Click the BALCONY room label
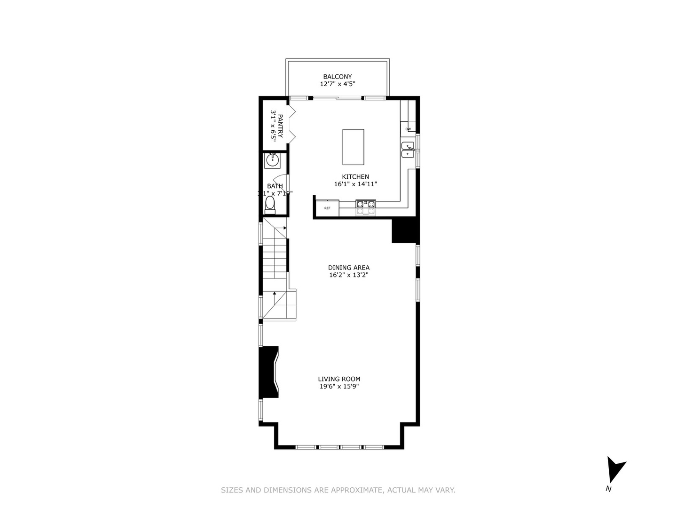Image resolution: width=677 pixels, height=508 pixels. pyautogui.click(x=337, y=77)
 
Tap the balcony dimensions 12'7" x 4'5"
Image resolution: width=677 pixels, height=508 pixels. pyautogui.click(x=337, y=84)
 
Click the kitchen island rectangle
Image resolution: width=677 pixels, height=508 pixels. pyautogui.click(x=353, y=147)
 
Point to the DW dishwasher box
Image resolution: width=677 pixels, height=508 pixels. pyautogui.click(x=408, y=129)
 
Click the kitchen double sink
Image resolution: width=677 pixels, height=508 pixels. pyautogui.click(x=407, y=150)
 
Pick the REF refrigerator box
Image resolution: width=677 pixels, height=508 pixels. pyautogui.click(x=327, y=208)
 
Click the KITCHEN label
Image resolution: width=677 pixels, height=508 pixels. pyautogui.click(x=355, y=177)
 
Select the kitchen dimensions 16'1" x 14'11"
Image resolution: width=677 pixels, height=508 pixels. pyautogui.click(x=355, y=184)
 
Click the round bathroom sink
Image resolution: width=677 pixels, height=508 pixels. pyautogui.click(x=272, y=160)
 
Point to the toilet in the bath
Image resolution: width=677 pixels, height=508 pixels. pyautogui.click(x=270, y=205)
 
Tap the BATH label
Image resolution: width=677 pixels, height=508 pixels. pyautogui.click(x=275, y=186)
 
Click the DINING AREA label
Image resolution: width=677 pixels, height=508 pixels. pyautogui.click(x=348, y=268)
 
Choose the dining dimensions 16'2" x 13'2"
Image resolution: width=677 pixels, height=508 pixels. pyautogui.click(x=348, y=275)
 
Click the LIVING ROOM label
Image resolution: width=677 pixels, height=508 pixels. pyautogui.click(x=339, y=379)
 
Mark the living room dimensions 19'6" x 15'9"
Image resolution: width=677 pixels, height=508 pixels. pyautogui.click(x=339, y=387)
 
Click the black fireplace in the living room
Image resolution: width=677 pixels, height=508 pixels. pyautogui.click(x=268, y=372)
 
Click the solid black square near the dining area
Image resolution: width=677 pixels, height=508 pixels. pyautogui.click(x=404, y=231)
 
